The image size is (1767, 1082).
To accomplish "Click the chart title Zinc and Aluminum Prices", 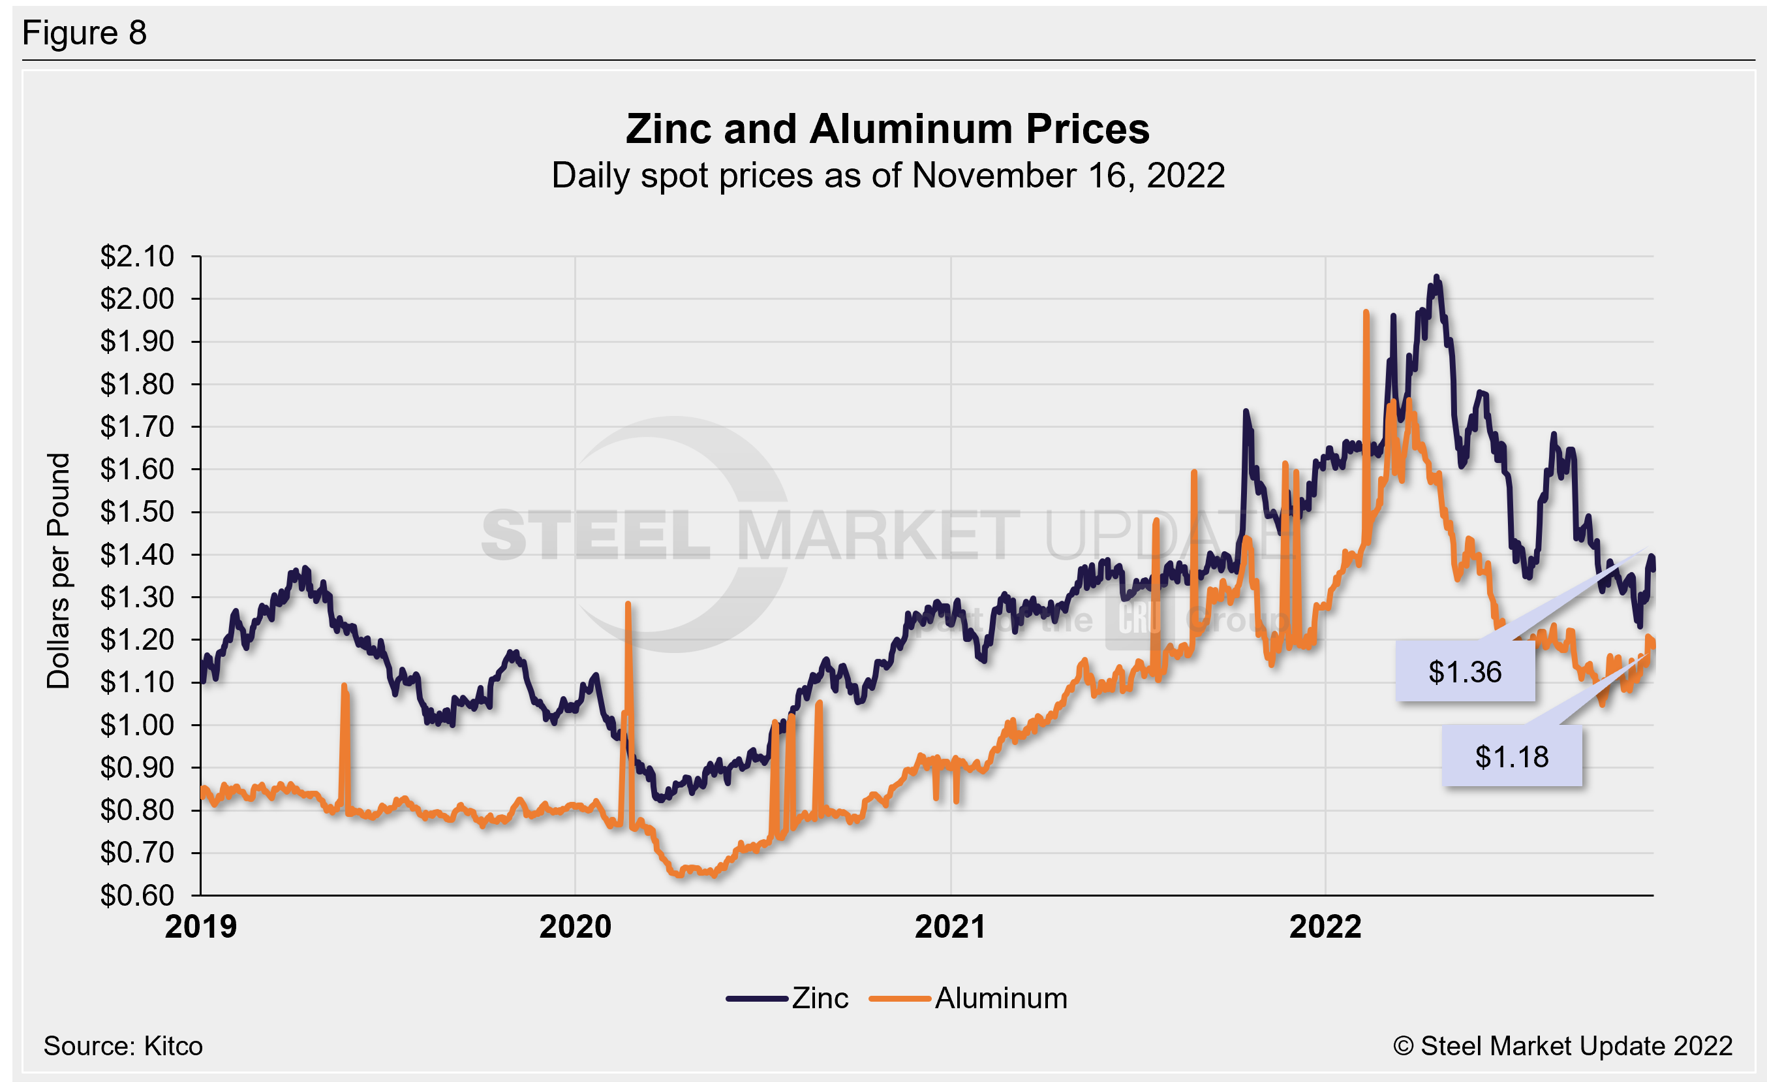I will (887, 129).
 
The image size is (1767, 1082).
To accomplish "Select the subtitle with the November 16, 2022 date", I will (887, 176).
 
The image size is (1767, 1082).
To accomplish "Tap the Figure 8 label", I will (85, 33).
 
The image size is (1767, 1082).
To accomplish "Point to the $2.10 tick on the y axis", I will (137, 256).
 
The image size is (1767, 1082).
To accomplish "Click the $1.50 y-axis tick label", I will (137, 511).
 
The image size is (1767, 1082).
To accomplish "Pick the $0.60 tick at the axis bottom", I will (137, 895).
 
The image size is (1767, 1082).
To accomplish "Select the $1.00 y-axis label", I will (137, 725).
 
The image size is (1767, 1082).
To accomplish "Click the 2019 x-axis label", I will (201, 927).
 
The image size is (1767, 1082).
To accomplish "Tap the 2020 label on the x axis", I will (575, 927).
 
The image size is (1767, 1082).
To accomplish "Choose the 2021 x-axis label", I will (950, 927).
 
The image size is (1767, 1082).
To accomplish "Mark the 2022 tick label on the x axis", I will (1325, 927).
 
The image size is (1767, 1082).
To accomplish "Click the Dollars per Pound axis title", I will (59, 571).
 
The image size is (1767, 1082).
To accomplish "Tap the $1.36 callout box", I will (1464, 671).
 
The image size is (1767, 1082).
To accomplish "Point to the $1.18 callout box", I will (1512, 757).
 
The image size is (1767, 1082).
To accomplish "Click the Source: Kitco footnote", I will (123, 1046).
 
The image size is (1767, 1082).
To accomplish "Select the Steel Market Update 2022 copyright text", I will (1563, 1046).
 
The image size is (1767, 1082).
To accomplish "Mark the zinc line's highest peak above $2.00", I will (1436, 278).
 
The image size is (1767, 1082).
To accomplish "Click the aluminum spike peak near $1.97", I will (1366, 313).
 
